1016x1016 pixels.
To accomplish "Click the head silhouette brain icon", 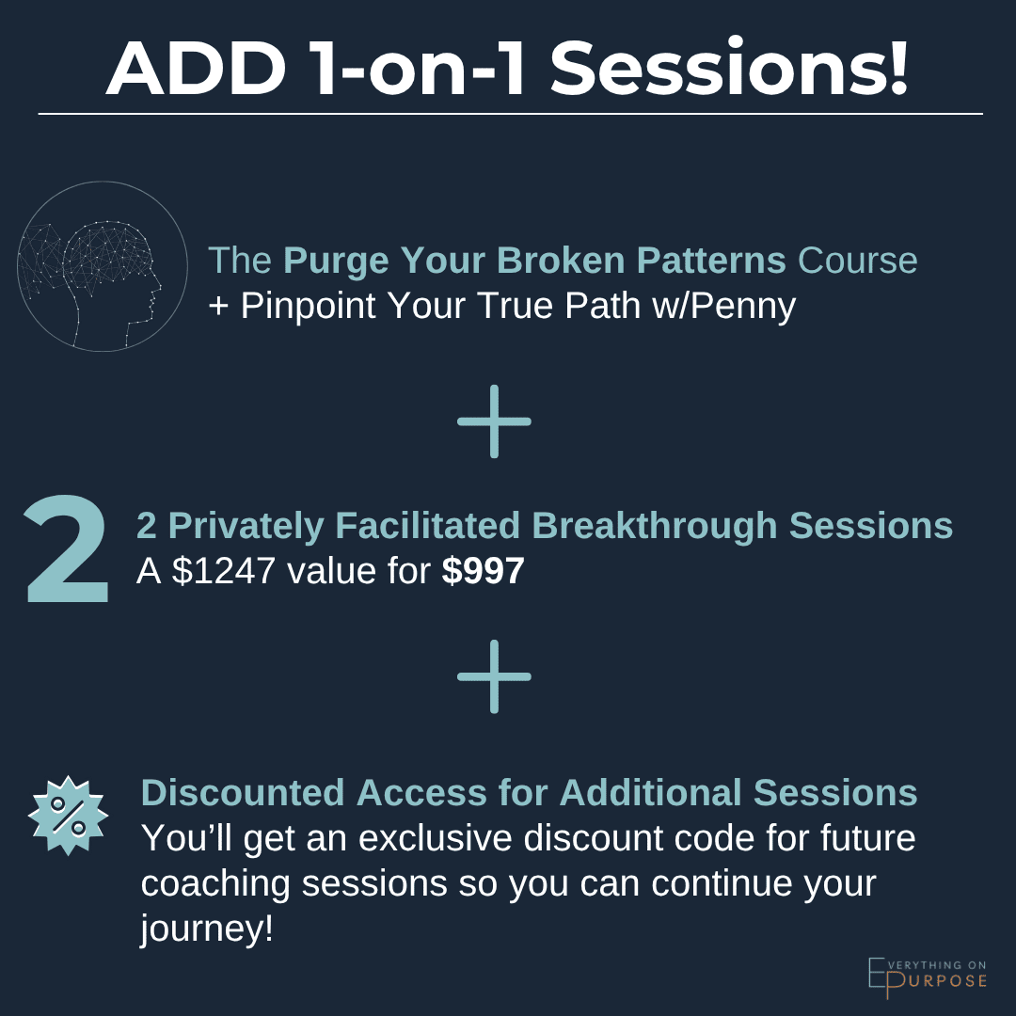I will [x=102, y=266].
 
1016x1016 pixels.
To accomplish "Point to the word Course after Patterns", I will [x=857, y=261].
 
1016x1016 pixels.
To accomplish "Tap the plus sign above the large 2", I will [x=494, y=421].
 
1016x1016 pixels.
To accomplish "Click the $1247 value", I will [x=222, y=571].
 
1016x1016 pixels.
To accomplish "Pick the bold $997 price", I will [x=483, y=571].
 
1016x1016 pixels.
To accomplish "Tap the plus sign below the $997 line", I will [x=494, y=676].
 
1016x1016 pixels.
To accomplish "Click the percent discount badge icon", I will [x=68, y=816].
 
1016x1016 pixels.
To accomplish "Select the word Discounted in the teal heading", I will [x=244, y=793].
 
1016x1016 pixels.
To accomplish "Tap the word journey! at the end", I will [x=207, y=929].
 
